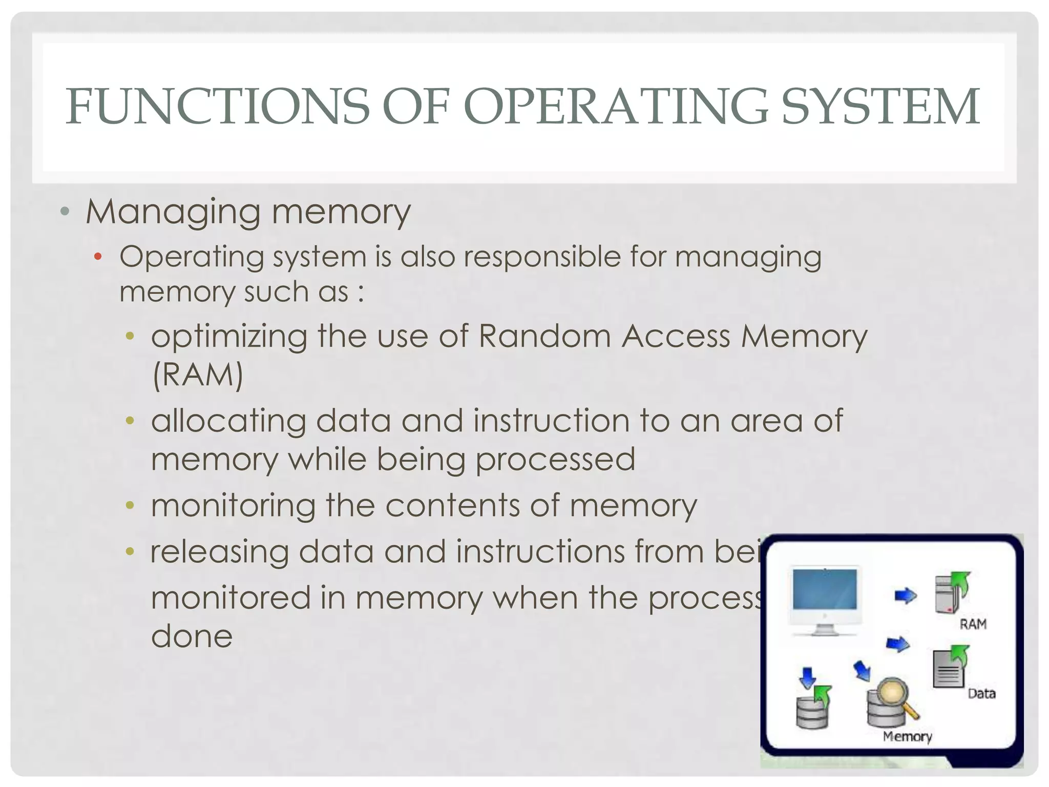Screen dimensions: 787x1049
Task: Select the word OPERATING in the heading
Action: point(615,107)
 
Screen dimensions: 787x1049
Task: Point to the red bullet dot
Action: point(98,256)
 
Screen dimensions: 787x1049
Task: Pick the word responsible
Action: point(542,256)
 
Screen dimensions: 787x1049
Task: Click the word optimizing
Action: point(229,337)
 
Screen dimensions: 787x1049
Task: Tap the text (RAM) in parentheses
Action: point(198,375)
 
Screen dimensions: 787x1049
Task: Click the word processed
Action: point(555,459)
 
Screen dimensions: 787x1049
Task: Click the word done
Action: point(192,636)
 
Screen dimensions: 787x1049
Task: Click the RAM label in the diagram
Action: point(973,624)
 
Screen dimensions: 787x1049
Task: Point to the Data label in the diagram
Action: point(981,694)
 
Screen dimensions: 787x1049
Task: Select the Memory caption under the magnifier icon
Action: point(907,737)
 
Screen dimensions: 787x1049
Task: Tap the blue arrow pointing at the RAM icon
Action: point(906,595)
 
